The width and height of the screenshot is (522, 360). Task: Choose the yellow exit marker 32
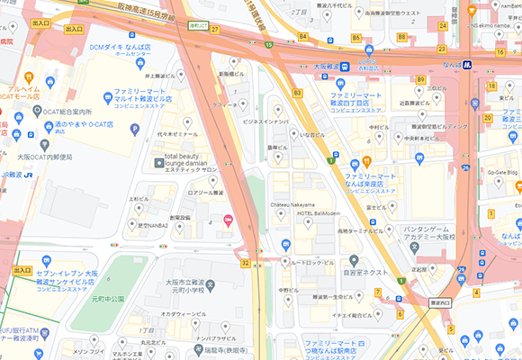[245, 263]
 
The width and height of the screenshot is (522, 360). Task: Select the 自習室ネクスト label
[364, 271]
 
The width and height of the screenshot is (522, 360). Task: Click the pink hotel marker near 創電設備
[228, 220]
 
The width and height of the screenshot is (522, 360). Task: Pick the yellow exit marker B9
[420, 80]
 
